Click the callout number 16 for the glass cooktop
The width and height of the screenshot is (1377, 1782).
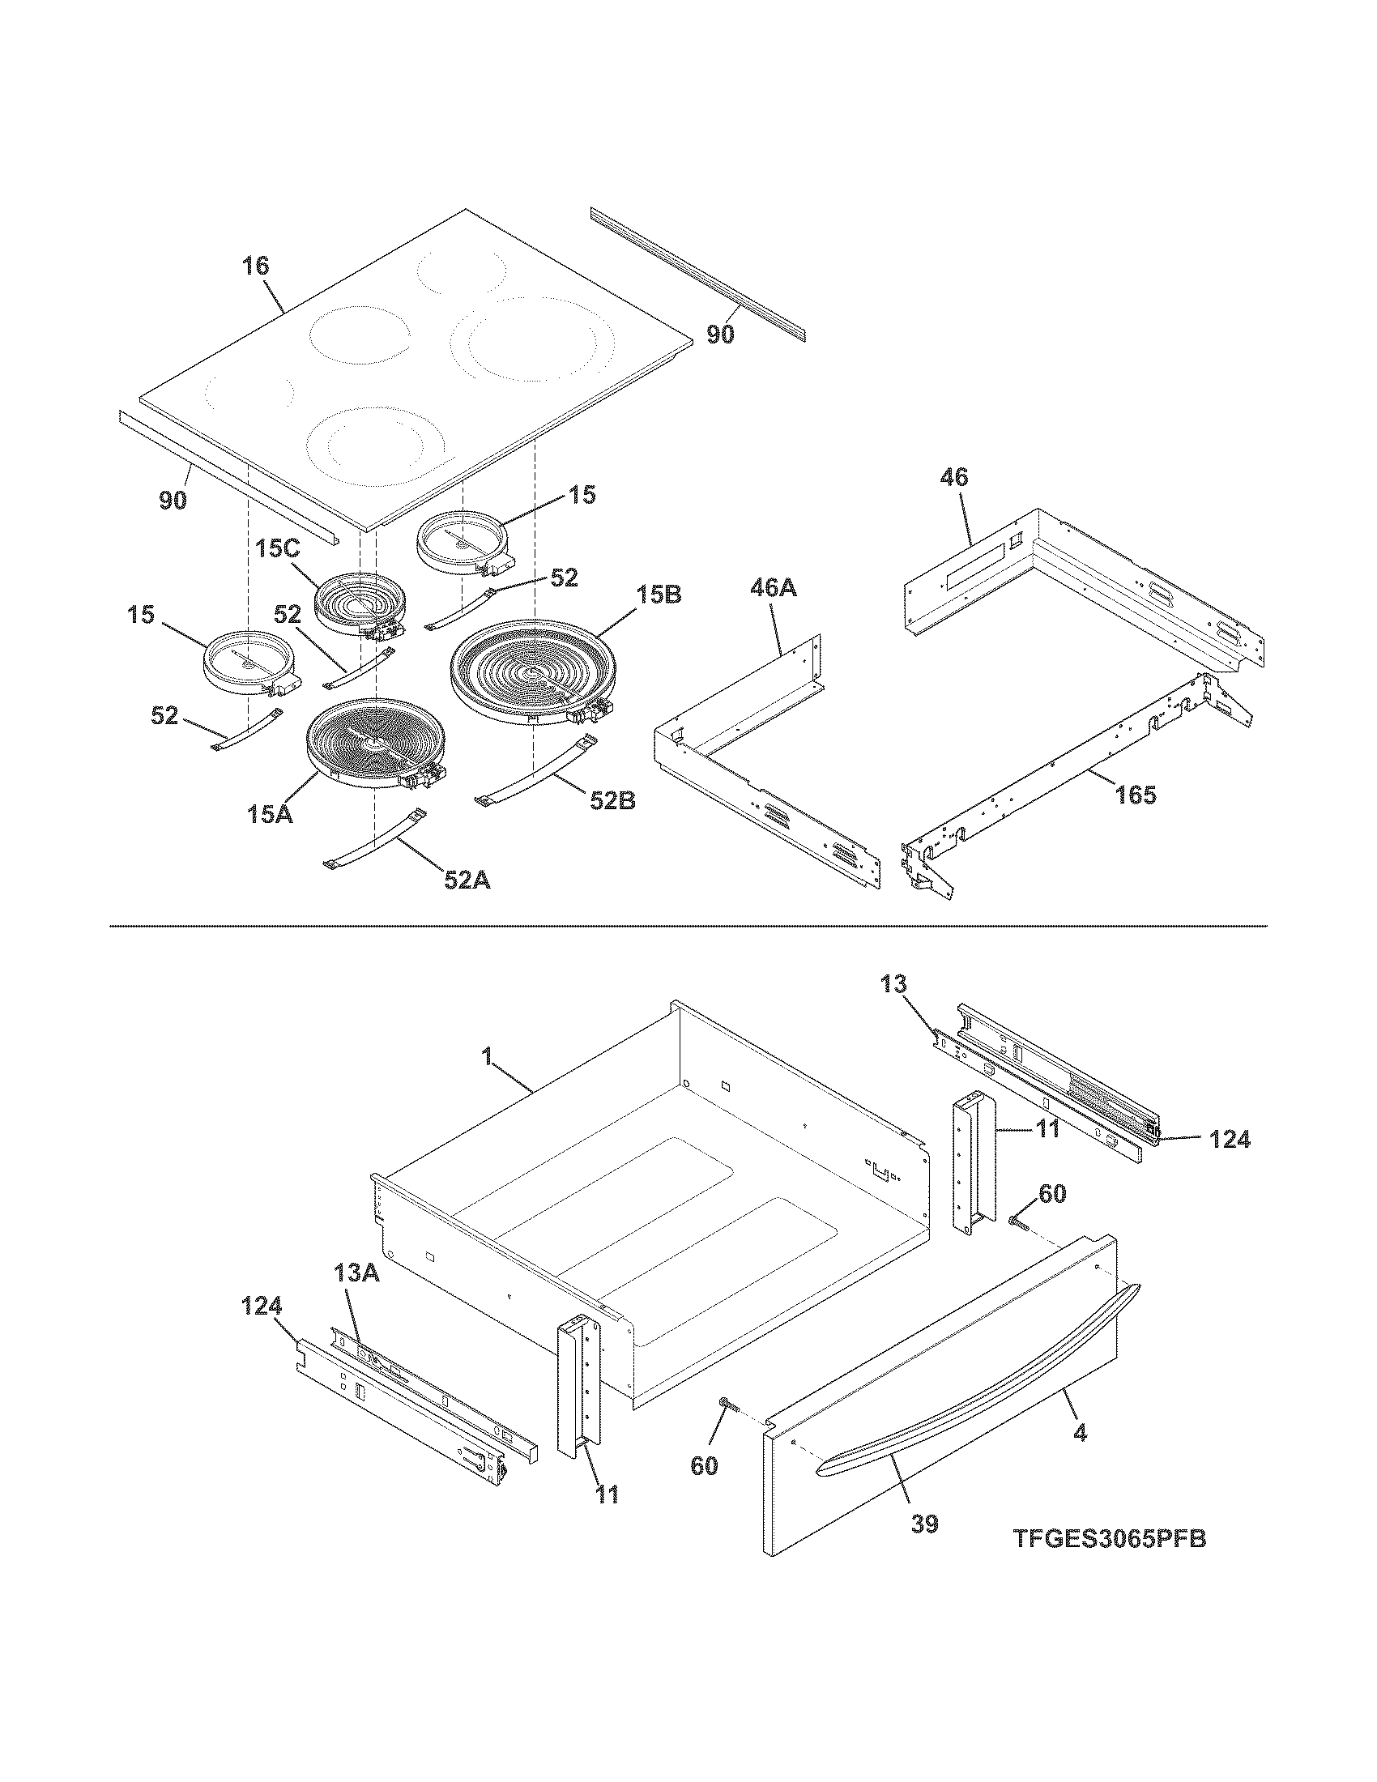click(255, 266)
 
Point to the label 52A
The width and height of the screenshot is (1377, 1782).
click(467, 880)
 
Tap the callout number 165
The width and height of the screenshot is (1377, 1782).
click(1135, 794)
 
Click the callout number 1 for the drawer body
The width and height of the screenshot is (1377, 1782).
click(486, 1057)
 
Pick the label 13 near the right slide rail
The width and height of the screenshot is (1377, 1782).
click(893, 985)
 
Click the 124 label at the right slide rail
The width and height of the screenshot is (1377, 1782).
click(1229, 1139)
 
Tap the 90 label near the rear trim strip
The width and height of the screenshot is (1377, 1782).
click(719, 335)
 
